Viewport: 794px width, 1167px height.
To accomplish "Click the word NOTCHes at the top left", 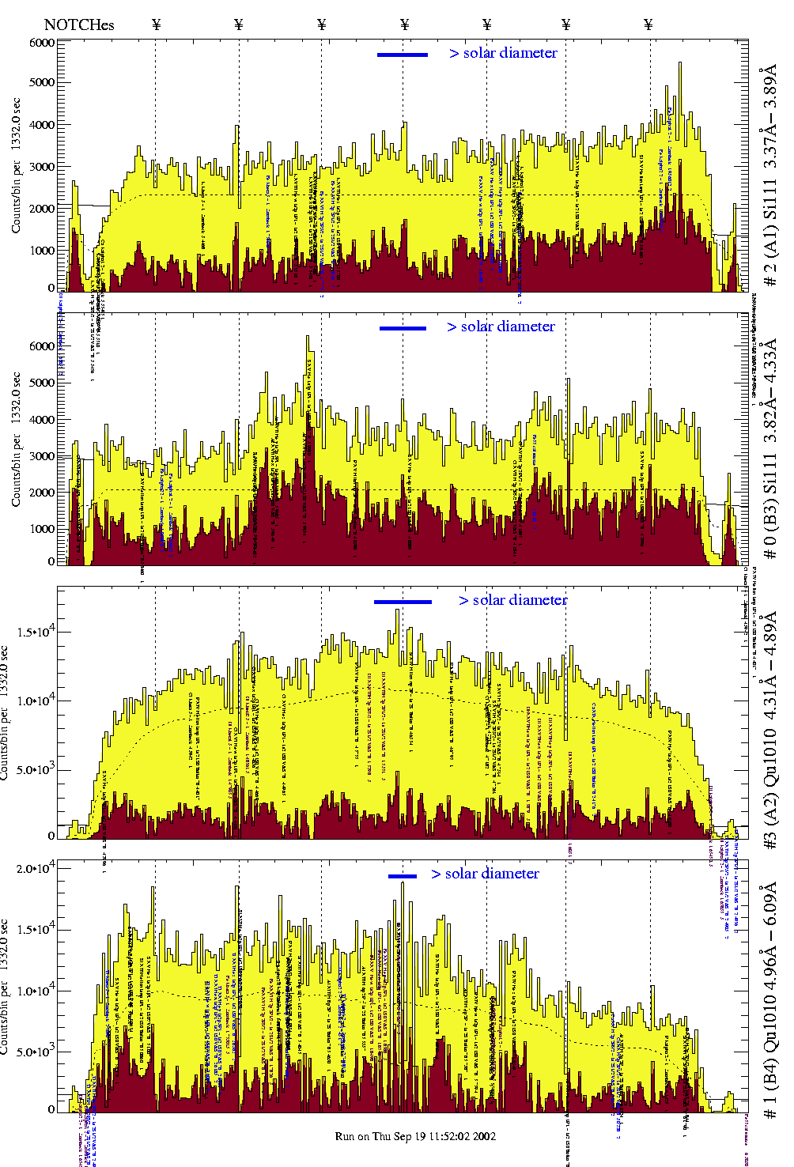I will [x=79, y=25].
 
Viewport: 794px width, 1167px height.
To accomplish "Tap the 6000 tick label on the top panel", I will [x=43, y=43].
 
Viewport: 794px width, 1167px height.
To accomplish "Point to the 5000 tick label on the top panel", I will [x=43, y=82].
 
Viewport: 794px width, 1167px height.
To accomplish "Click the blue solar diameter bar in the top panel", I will [x=403, y=55].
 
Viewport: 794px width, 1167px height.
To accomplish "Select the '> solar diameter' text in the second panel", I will [x=501, y=327].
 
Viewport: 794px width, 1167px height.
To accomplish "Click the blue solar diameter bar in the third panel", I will [x=403, y=602].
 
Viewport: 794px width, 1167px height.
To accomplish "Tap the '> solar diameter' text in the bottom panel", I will [x=485, y=874].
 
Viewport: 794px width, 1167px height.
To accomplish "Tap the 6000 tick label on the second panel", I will [x=43, y=346].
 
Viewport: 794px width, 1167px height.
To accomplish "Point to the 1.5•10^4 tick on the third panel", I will [x=40, y=633].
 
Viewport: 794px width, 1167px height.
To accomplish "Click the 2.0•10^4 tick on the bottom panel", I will [x=40, y=868].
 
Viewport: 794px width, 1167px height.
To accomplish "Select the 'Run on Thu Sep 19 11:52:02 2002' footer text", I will [x=416, y=1136].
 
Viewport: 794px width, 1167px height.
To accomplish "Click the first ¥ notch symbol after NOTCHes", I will [x=156, y=25].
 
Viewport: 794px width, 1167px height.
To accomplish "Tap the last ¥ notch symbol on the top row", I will [x=648, y=25].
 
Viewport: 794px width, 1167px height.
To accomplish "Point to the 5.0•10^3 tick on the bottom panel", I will [x=40, y=1052].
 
